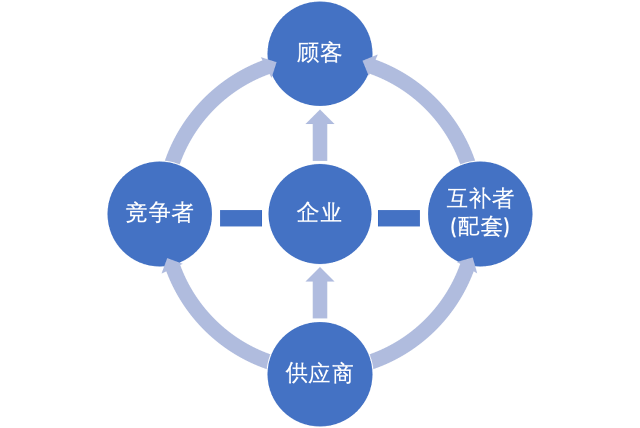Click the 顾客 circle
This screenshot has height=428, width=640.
319,53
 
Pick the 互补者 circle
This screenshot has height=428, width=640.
480,213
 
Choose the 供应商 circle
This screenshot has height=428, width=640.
319,373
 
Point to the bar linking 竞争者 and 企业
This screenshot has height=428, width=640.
241,218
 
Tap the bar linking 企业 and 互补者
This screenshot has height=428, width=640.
399,218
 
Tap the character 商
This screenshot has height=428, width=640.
343,374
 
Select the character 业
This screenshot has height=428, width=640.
331,213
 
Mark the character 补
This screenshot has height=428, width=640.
480,199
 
